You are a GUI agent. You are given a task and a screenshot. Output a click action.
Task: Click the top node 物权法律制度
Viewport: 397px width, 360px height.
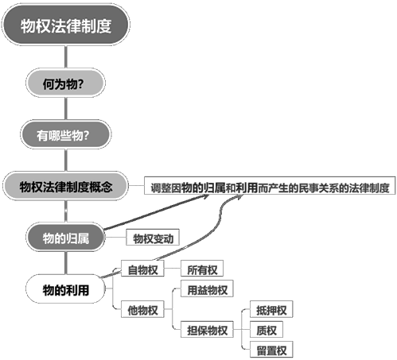66,25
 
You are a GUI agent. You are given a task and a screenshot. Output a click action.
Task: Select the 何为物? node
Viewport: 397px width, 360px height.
65,83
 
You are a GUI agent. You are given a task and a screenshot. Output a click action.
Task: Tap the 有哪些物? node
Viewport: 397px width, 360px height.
66,134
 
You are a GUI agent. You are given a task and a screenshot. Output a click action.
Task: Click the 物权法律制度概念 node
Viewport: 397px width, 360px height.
65,186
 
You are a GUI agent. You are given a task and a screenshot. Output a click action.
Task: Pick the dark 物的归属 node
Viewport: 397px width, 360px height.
65,238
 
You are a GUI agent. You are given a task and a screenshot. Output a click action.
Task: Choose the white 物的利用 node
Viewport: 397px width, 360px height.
65,288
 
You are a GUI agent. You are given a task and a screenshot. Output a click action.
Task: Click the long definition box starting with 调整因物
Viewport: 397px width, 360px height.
270,185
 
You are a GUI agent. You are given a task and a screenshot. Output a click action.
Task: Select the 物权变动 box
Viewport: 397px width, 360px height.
153,238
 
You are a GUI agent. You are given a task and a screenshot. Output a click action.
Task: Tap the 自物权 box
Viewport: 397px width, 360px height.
142,269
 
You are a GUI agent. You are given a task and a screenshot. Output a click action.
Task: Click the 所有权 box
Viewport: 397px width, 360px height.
202,269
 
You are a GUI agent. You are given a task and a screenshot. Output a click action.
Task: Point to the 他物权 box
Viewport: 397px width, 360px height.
142,309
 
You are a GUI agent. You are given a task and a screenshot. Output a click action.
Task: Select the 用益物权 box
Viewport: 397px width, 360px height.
207,288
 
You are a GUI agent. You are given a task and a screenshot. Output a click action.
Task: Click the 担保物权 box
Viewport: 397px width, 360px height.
207,329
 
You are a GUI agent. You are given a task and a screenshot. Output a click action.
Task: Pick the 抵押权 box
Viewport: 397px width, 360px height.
271,309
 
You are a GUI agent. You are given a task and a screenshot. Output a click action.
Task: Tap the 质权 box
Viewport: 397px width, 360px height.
267,329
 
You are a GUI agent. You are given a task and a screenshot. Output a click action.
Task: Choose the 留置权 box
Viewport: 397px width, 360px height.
271,350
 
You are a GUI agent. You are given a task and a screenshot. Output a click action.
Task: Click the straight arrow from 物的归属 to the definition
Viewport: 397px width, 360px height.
157,212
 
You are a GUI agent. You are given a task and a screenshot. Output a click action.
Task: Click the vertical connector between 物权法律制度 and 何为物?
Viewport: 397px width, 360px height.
65,57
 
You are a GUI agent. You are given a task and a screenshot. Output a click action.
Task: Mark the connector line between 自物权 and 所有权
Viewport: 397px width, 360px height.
173,269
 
